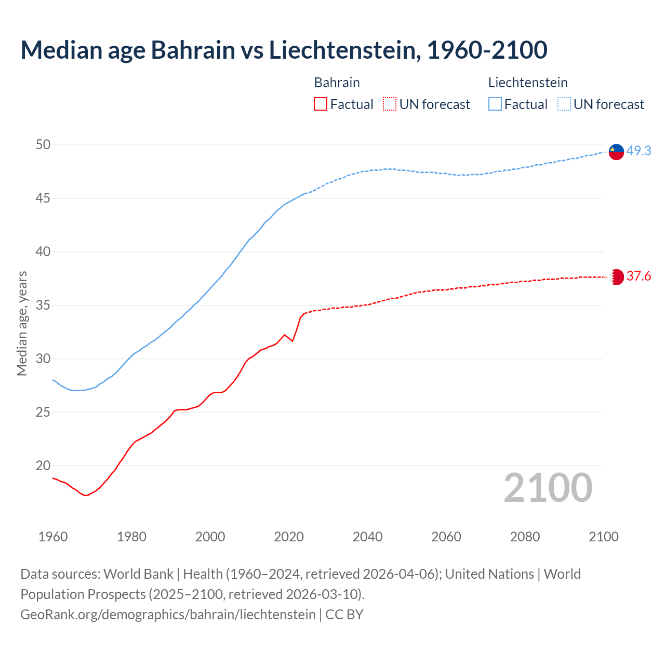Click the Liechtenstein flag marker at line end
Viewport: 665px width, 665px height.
click(x=616, y=151)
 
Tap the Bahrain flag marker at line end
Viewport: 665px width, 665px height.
click(x=616, y=277)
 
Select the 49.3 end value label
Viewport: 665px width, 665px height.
click(x=639, y=151)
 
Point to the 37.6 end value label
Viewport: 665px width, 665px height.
click(x=639, y=276)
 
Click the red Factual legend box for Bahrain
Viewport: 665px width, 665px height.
click(x=321, y=104)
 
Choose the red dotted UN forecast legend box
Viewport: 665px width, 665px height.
click(x=390, y=104)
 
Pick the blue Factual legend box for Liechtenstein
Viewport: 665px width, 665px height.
click(x=495, y=104)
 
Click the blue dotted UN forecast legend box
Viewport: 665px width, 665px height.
click(x=564, y=104)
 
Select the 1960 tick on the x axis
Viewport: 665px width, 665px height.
click(x=53, y=537)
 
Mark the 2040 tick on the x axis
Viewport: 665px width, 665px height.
click(x=367, y=537)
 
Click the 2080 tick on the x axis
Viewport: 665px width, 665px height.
click(x=525, y=537)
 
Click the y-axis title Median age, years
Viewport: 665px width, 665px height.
click(x=22, y=323)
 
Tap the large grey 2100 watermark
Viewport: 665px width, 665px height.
click(x=548, y=487)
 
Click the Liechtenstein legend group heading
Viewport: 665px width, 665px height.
click(x=528, y=83)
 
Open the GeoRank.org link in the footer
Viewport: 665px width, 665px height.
click(x=168, y=614)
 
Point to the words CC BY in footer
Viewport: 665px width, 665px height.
click(x=344, y=614)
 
